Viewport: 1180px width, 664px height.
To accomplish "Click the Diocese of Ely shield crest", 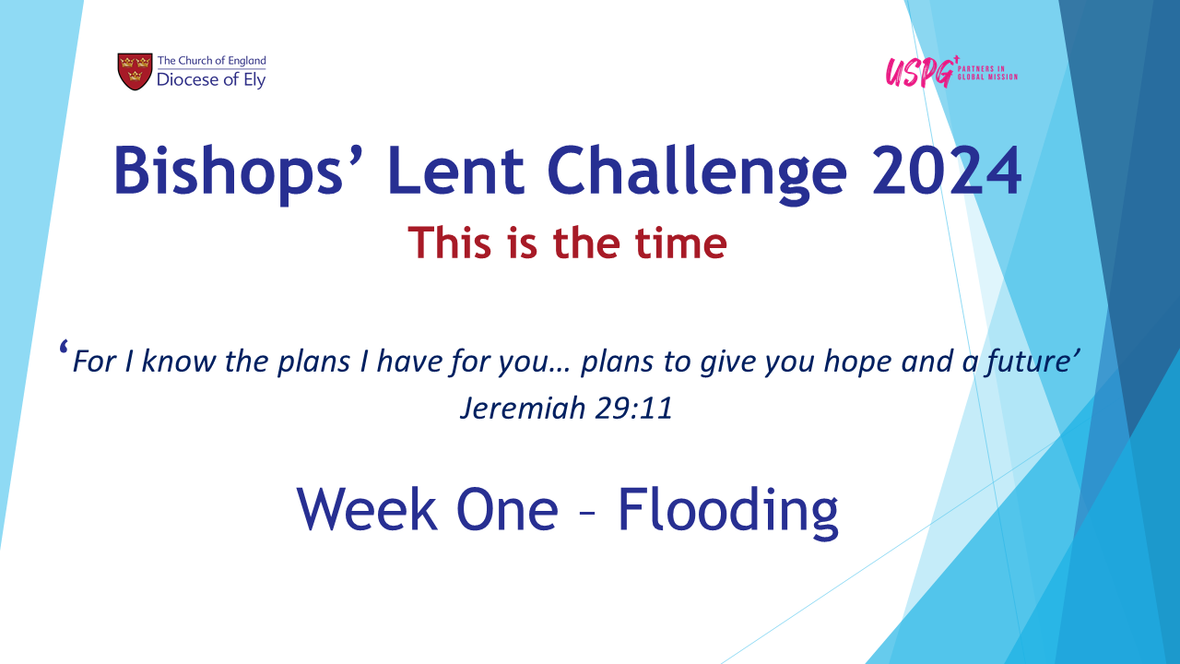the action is pyautogui.click(x=135, y=71).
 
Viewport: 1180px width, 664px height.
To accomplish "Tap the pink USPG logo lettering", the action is pyautogui.click(x=920, y=73).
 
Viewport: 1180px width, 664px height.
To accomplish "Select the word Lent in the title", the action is pyautogui.click(x=456, y=171).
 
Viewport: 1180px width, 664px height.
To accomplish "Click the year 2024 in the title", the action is pyautogui.click(x=946, y=171).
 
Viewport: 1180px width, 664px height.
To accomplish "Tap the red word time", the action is pyautogui.click(x=680, y=243).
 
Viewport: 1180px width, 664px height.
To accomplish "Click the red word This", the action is pyautogui.click(x=449, y=243).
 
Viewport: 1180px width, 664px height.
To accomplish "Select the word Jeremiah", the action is pyautogui.click(x=523, y=408).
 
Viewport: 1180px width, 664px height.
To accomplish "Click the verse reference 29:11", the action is pyautogui.click(x=633, y=408).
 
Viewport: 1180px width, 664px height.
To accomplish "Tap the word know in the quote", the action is pyautogui.click(x=178, y=362).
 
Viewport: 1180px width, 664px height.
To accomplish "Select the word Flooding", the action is pyautogui.click(x=727, y=511).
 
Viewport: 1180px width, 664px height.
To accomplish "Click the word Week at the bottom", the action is pyautogui.click(x=367, y=509).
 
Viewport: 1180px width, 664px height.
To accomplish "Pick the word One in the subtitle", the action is pyautogui.click(x=507, y=509).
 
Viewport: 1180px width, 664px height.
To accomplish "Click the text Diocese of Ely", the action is pyautogui.click(x=211, y=80).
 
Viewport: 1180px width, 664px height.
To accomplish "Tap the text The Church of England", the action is pyautogui.click(x=212, y=61).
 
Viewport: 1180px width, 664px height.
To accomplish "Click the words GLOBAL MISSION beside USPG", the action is pyautogui.click(x=987, y=77).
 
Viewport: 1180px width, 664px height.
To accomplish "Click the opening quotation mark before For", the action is pyautogui.click(x=64, y=348).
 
